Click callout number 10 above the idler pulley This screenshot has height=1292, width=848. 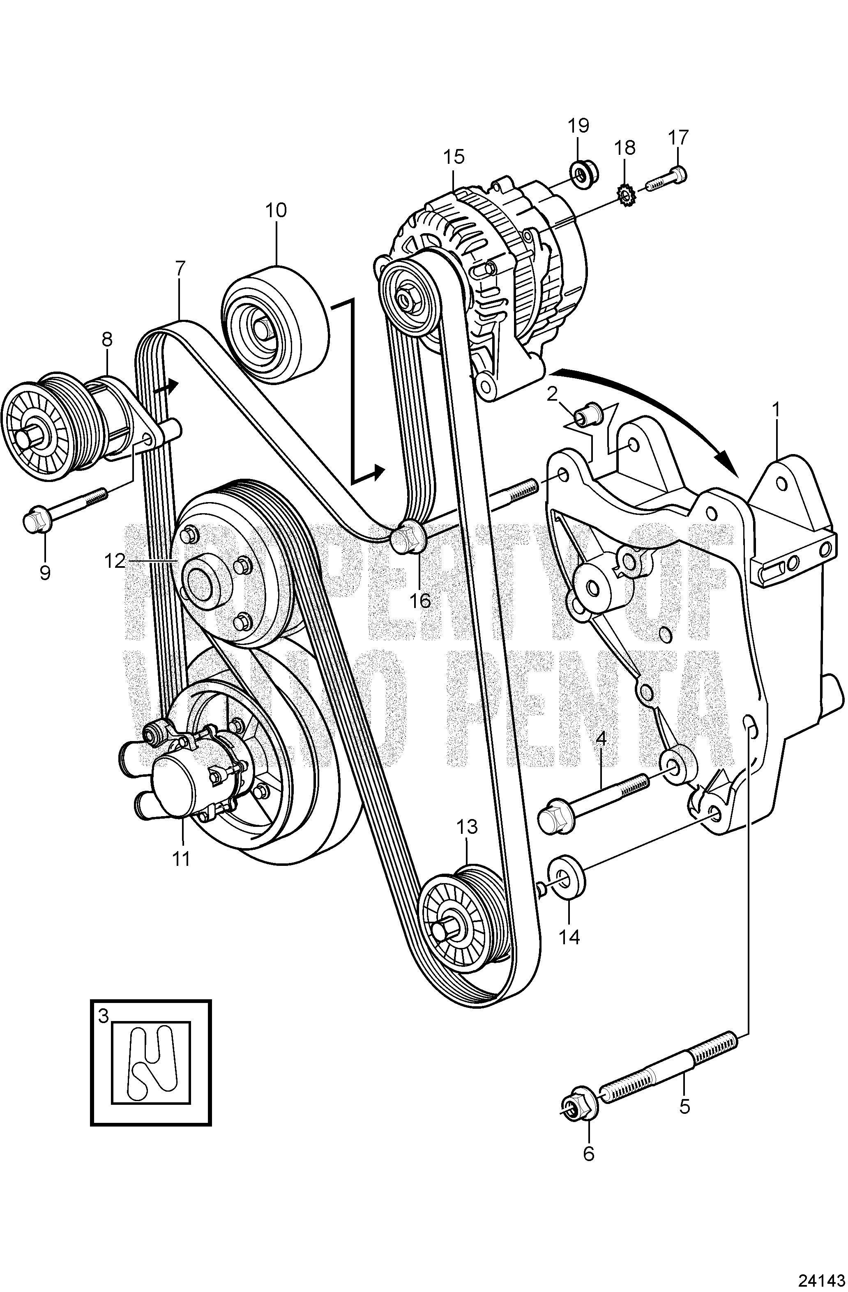(276, 210)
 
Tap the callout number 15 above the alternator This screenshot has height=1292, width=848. (454, 157)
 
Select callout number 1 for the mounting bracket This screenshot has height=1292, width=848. (776, 410)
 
